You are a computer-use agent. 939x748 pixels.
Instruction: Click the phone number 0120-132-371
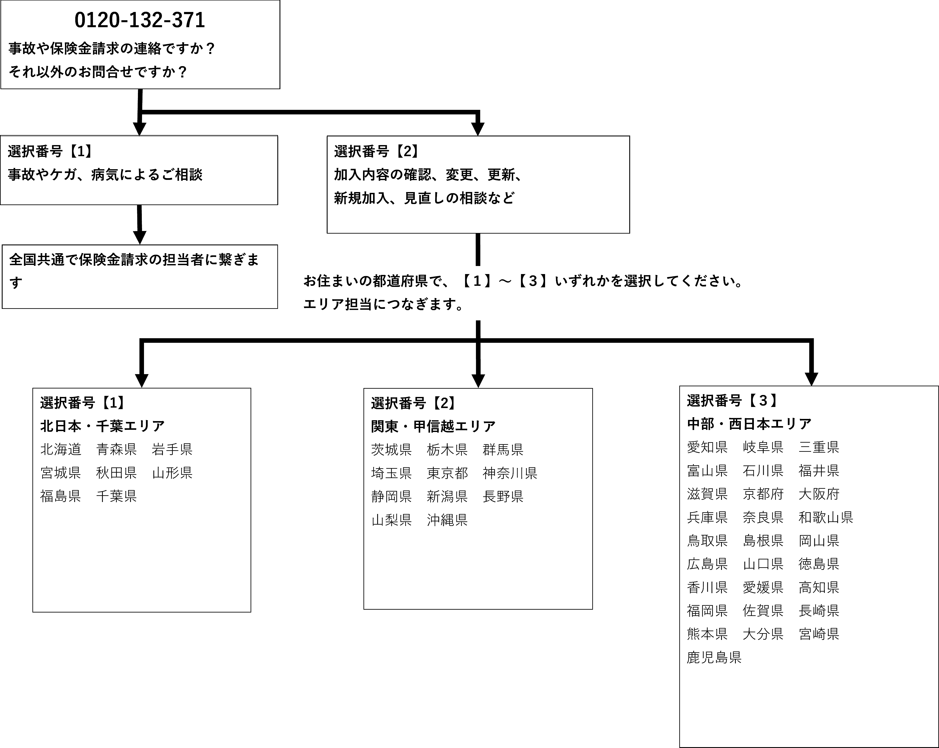click(140, 20)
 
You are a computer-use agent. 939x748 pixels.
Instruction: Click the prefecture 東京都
click(447, 473)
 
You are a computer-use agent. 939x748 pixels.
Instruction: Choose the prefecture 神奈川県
click(510, 473)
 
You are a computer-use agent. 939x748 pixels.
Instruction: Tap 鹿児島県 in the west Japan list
click(714, 657)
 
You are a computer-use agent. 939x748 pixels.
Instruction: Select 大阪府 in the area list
click(819, 494)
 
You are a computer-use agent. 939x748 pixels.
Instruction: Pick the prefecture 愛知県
click(707, 447)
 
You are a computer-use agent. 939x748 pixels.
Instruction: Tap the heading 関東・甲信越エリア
click(433, 426)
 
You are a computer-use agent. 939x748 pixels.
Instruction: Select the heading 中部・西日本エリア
click(749, 423)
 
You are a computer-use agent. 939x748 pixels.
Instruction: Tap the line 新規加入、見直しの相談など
click(424, 198)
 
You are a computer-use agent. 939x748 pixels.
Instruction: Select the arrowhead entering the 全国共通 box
click(139, 237)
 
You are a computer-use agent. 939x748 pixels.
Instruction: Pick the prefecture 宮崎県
click(819, 634)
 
